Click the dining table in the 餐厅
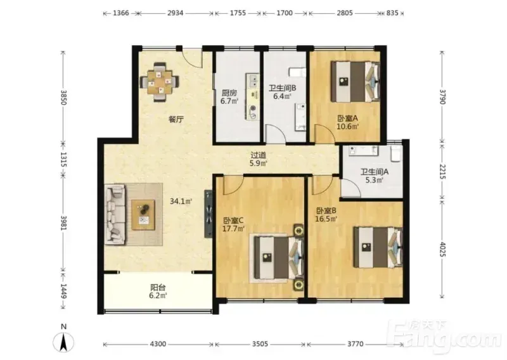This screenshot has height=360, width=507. point(159,82)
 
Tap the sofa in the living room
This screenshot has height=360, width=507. point(115,214)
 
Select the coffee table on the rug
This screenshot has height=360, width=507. point(143,215)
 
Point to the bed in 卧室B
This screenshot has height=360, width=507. point(378,247)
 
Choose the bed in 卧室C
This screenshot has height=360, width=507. point(278,257)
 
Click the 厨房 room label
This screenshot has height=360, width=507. point(229,93)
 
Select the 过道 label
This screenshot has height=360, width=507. point(259,155)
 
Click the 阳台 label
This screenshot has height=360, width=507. point(158,287)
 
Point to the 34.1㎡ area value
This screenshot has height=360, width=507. point(181,201)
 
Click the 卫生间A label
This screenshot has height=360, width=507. point(375,172)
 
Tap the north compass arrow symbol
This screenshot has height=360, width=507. point(64,342)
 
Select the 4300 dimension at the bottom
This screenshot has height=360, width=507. point(158,344)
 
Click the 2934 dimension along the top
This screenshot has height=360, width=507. point(175,13)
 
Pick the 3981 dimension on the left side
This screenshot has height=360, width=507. point(63,223)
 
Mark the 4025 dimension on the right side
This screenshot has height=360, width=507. point(442,248)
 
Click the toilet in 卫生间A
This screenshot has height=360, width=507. point(396,153)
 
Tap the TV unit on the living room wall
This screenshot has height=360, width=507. point(209,214)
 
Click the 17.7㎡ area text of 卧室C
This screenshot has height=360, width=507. point(233,229)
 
